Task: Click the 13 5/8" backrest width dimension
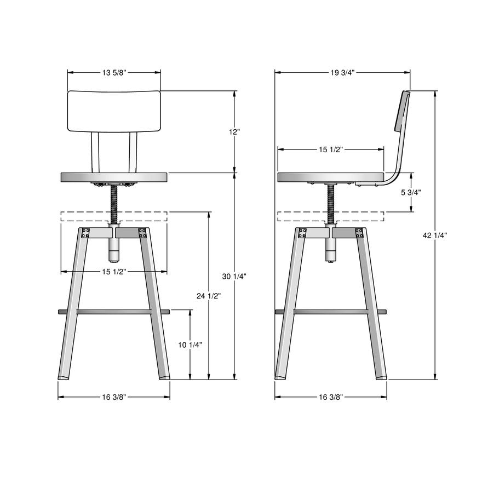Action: [x=114, y=72]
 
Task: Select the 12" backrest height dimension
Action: [x=235, y=132]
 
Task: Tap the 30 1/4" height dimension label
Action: [x=234, y=277]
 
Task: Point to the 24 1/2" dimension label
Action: [x=208, y=296]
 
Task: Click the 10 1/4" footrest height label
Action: [x=190, y=345]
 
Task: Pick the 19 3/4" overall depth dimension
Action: [x=342, y=72]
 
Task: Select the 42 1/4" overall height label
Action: [x=435, y=235]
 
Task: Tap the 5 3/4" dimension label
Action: [x=411, y=192]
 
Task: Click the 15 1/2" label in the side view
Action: [x=330, y=149]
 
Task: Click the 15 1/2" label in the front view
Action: [x=114, y=272]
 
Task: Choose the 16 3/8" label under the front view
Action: [x=114, y=397]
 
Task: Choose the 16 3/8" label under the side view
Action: [x=330, y=397]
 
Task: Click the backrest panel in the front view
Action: [x=114, y=111]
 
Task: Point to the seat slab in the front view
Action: [x=114, y=177]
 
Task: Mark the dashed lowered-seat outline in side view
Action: [x=307, y=216]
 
